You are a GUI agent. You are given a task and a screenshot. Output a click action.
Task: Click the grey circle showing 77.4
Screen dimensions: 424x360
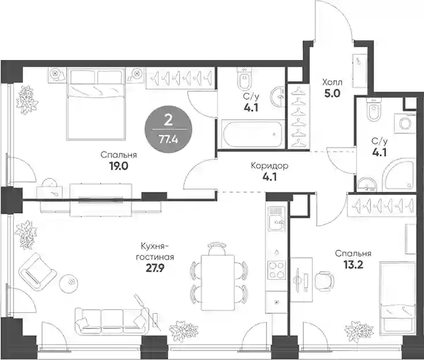168,129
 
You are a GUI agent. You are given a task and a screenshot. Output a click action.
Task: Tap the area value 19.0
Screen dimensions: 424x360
119,166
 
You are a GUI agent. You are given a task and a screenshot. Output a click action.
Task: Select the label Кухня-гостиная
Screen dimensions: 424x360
155,252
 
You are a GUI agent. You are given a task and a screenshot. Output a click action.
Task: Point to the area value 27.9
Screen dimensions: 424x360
155,268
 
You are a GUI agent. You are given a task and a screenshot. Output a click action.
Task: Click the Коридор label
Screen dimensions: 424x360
269,166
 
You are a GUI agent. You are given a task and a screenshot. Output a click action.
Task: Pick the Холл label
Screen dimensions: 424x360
332,82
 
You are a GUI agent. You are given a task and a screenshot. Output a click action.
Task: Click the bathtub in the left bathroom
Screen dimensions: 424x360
252,134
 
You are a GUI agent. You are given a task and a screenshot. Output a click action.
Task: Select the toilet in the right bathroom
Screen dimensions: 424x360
374,110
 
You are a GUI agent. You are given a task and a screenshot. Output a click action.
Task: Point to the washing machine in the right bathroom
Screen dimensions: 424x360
404,124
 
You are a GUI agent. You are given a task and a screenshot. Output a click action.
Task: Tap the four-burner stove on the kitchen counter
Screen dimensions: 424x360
276,270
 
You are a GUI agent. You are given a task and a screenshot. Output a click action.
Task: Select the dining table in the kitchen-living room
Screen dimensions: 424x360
217,282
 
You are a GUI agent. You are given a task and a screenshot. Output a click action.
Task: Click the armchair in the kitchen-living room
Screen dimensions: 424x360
37,271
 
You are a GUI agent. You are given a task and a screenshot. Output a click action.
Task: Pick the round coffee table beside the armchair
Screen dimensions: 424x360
69,283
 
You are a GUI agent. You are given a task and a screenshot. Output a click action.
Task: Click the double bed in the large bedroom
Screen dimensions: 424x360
96,104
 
